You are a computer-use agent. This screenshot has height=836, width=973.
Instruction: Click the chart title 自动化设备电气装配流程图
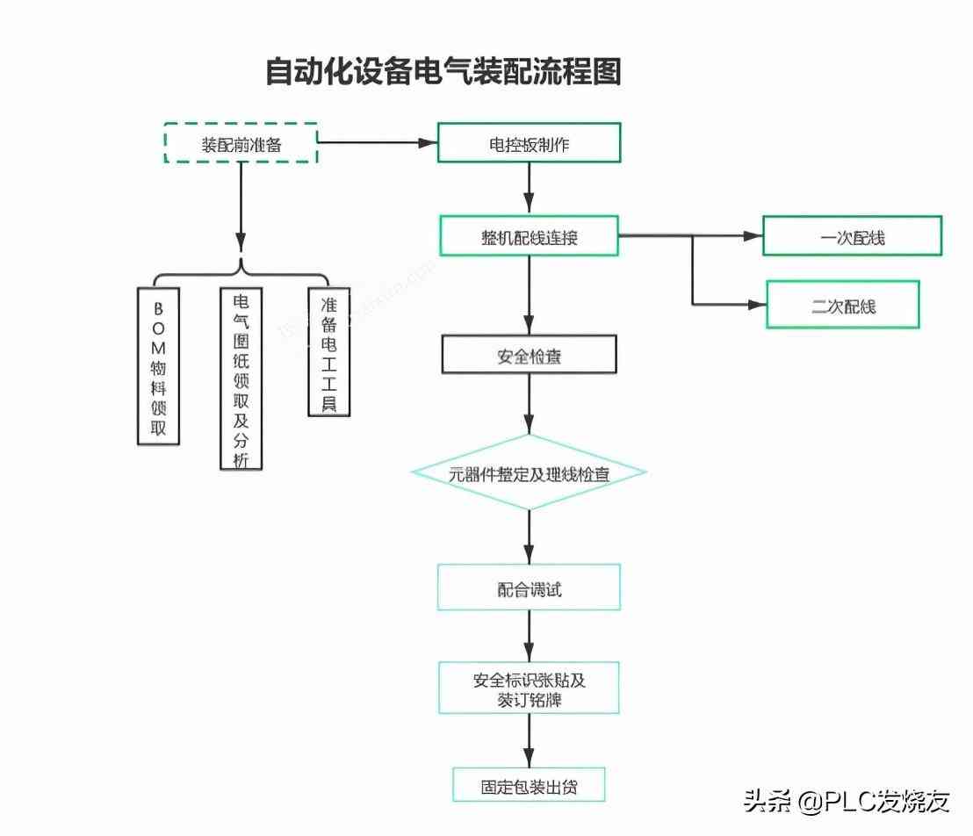443,72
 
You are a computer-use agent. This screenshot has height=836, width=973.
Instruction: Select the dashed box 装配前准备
241,144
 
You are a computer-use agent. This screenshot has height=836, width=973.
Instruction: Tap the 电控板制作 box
529,143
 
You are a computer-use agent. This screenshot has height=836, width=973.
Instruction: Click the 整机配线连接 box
529,236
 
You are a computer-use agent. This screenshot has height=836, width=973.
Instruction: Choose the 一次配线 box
852,236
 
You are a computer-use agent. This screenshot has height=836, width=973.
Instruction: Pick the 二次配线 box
843,305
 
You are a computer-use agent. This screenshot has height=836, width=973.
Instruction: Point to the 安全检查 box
529,356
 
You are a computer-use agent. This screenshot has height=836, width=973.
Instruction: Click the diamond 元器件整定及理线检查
529,473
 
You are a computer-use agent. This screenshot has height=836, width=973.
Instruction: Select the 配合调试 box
529,587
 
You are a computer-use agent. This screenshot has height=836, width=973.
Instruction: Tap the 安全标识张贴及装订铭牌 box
529,688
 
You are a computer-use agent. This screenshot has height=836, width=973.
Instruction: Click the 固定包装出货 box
529,784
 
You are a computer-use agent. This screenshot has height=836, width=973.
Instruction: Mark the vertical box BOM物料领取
159,364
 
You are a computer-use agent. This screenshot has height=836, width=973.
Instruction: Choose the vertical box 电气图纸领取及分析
241,378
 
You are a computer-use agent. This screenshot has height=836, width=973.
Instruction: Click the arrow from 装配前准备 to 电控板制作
378,142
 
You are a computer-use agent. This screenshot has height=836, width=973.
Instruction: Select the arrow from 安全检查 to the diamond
529,404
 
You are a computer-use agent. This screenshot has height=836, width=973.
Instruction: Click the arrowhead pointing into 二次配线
757,305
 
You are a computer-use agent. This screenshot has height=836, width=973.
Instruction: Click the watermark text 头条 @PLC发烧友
847,800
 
